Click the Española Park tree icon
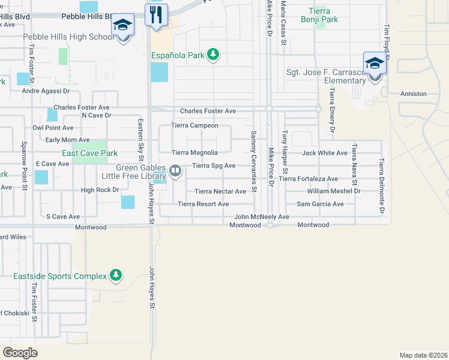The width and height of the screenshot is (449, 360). [x=212, y=55]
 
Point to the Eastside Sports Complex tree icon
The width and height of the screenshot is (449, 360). [x=116, y=275]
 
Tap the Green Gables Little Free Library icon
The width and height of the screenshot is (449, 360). [x=175, y=171]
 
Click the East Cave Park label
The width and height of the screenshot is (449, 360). [x=89, y=153]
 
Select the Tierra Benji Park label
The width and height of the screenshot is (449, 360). [x=323, y=16]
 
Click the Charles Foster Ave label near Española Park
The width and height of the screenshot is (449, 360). [x=208, y=111]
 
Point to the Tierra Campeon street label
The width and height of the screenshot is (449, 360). [x=194, y=125]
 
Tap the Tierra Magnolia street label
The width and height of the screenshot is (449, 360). [x=194, y=153]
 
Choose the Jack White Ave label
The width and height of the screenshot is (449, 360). [x=325, y=153]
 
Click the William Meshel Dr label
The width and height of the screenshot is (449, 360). [x=333, y=191]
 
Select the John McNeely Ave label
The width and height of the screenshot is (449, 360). [x=262, y=217]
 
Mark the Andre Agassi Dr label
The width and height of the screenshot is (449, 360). [x=46, y=91]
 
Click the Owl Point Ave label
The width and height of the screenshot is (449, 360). [x=53, y=128]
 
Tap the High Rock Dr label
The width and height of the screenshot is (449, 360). [x=100, y=190]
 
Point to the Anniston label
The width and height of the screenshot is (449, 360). [x=414, y=94]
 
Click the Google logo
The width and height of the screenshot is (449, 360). [x=20, y=353]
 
